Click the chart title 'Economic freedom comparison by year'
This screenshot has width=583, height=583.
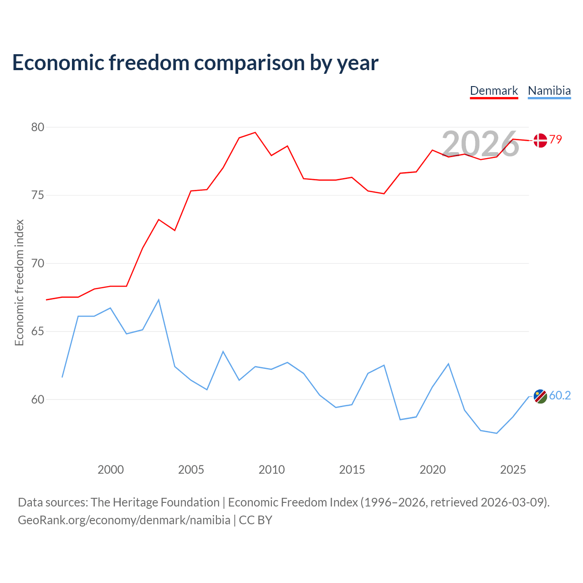point(195,63)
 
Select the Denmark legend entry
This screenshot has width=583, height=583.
point(494,91)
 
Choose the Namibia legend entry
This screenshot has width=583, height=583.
point(549,91)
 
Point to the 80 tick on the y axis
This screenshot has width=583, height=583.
point(37,127)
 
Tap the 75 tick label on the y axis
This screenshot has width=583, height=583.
point(37,195)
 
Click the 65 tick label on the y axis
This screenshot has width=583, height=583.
point(37,331)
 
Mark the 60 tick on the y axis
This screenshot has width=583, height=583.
point(37,399)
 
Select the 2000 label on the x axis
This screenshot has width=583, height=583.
point(110,470)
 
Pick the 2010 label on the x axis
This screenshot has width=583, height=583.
point(271,470)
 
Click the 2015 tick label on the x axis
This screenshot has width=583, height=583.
point(352,470)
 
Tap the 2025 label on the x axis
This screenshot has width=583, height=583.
point(513,470)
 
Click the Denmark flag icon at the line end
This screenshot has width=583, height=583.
point(540,140)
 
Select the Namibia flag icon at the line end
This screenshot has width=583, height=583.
point(540,396)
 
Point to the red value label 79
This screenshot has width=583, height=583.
point(556,139)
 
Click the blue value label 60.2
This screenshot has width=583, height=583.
point(560,395)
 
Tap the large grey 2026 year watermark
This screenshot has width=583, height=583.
point(480,144)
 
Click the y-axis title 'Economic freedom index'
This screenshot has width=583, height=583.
point(20,282)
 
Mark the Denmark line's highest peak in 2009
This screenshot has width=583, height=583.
point(255,132)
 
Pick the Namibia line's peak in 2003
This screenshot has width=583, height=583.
point(159,300)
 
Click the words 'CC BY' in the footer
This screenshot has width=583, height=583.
point(256,520)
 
